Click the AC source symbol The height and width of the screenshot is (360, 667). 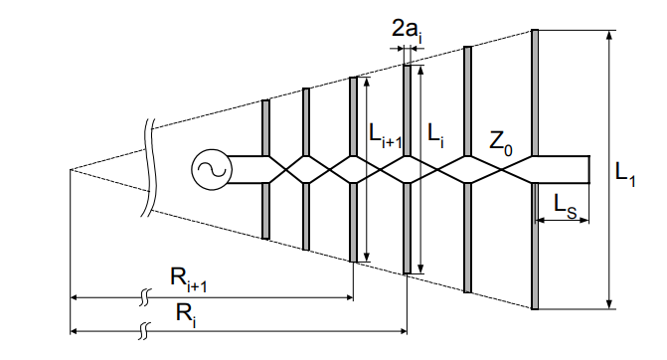pyautogui.click(x=212, y=169)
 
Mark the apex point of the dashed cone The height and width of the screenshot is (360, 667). pyautogui.click(x=70, y=169)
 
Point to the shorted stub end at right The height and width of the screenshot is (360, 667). pyautogui.click(x=589, y=169)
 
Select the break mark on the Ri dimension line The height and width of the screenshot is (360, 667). pyautogui.click(x=147, y=329)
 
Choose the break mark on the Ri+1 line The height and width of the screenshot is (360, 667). pyautogui.click(x=147, y=297)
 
